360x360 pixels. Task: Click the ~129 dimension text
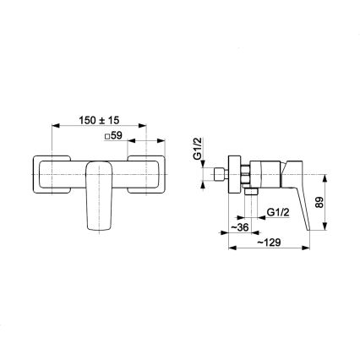[x=270, y=241]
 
